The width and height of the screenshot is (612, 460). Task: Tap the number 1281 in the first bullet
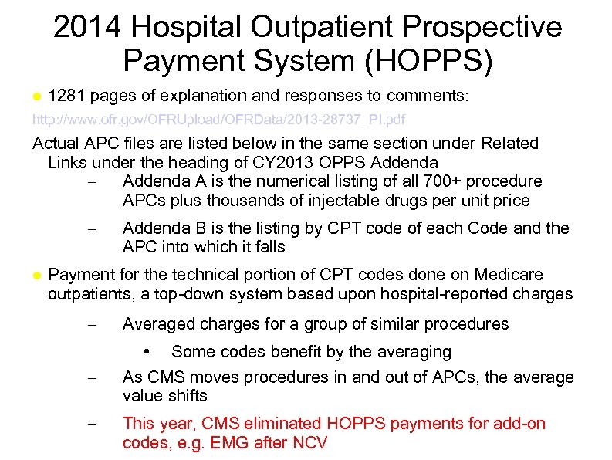pos(68,96)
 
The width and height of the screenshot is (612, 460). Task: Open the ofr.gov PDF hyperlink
pos(218,120)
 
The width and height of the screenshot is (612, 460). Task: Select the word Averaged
pos(157,323)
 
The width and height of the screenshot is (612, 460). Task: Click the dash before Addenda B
pos(92,229)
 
